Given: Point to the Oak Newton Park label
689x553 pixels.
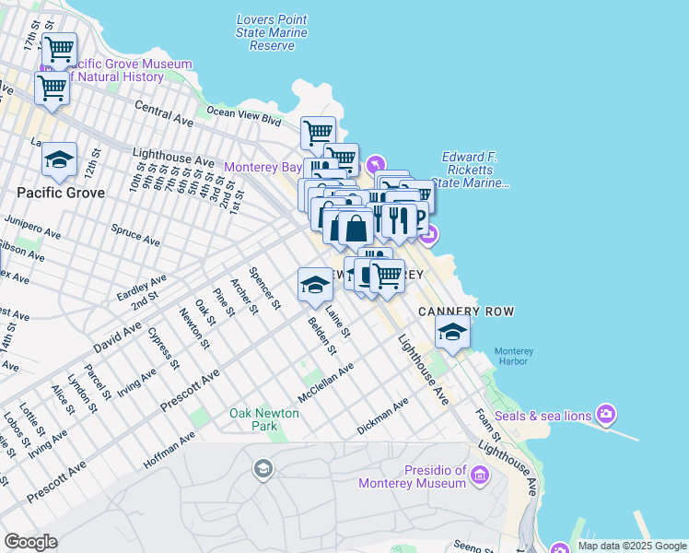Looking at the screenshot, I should [264, 420].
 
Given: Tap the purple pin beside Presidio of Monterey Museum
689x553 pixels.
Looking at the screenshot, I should [479, 476].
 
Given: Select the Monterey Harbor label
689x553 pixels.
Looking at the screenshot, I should [513, 356].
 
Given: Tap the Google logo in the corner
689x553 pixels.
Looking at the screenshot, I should [30, 542].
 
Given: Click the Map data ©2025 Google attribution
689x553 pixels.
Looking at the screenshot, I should [632, 546].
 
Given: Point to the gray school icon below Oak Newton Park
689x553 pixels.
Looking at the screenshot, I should [263, 470].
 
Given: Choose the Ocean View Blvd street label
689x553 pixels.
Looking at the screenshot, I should [244, 115].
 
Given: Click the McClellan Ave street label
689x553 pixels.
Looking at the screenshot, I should [325, 382].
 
